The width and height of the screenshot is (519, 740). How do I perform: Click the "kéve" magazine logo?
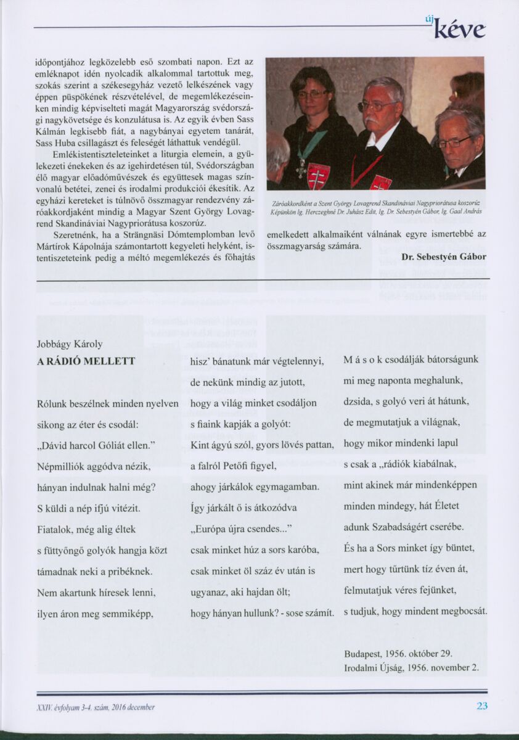459,30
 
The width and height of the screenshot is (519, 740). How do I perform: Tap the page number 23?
481,705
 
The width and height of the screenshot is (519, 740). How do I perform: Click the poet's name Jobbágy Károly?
70,344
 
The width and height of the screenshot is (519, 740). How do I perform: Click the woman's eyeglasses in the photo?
313,94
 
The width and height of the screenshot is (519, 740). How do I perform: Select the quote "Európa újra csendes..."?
241,529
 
